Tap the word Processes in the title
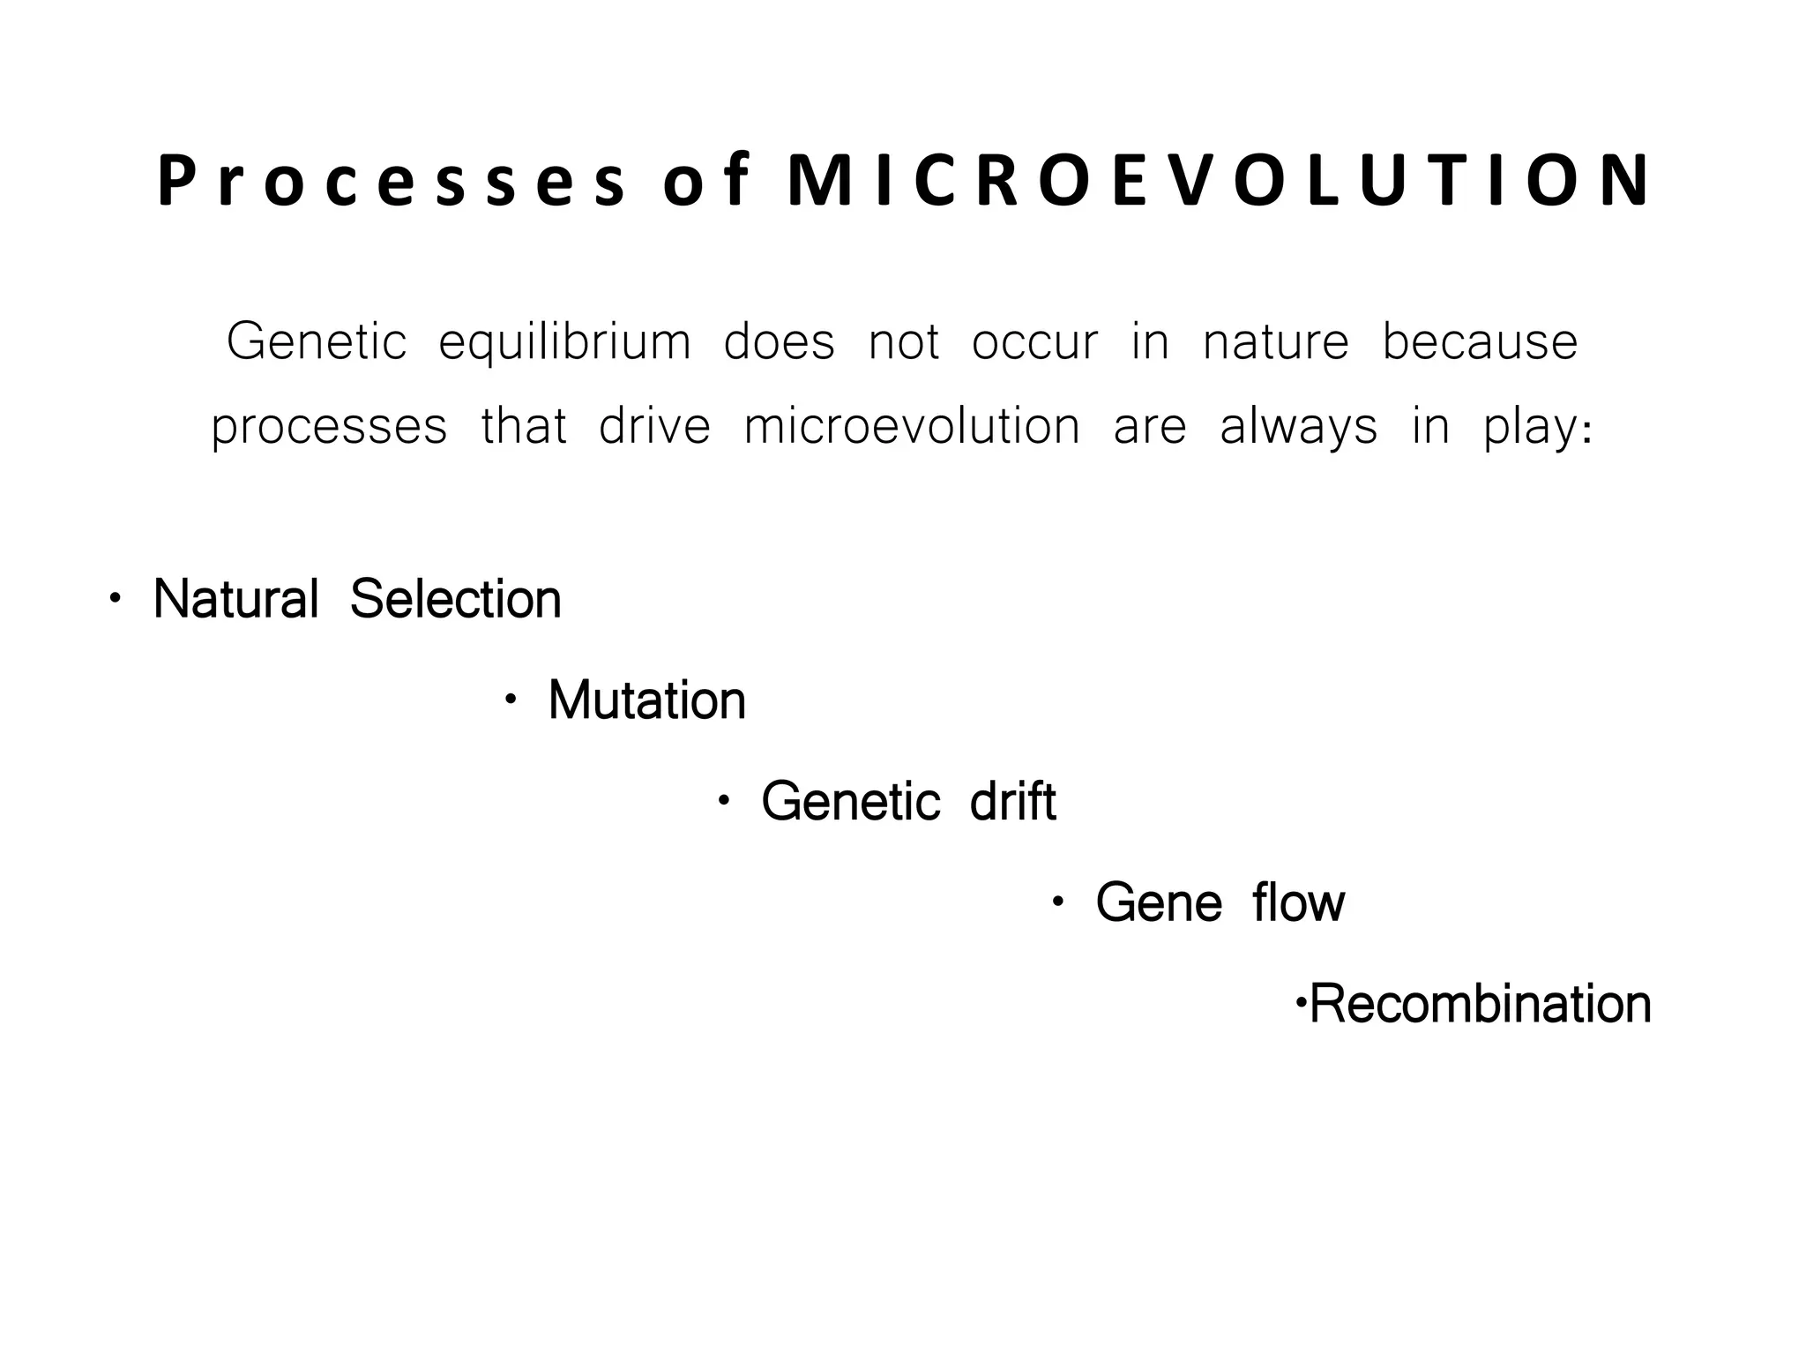(x=392, y=182)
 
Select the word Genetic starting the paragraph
(x=317, y=342)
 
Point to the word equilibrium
(x=564, y=342)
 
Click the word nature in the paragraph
(x=1275, y=342)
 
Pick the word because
(x=1480, y=342)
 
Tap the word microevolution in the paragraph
(x=912, y=427)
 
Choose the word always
(x=1298, y=427)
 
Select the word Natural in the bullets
(x=235, y=599)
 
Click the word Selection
(x=455, y=599)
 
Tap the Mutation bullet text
(x=646, y=700)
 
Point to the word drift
(x=1012, y=802)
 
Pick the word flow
(x=1298, y=903)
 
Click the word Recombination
(x=1480, y=1004)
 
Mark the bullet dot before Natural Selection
(x=115, y=599)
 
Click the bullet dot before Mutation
(x=510, y=700)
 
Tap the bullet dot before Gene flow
(x=1057, y=902)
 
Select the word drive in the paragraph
(x=654, y=427)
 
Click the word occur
(x=1035, y=342)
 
